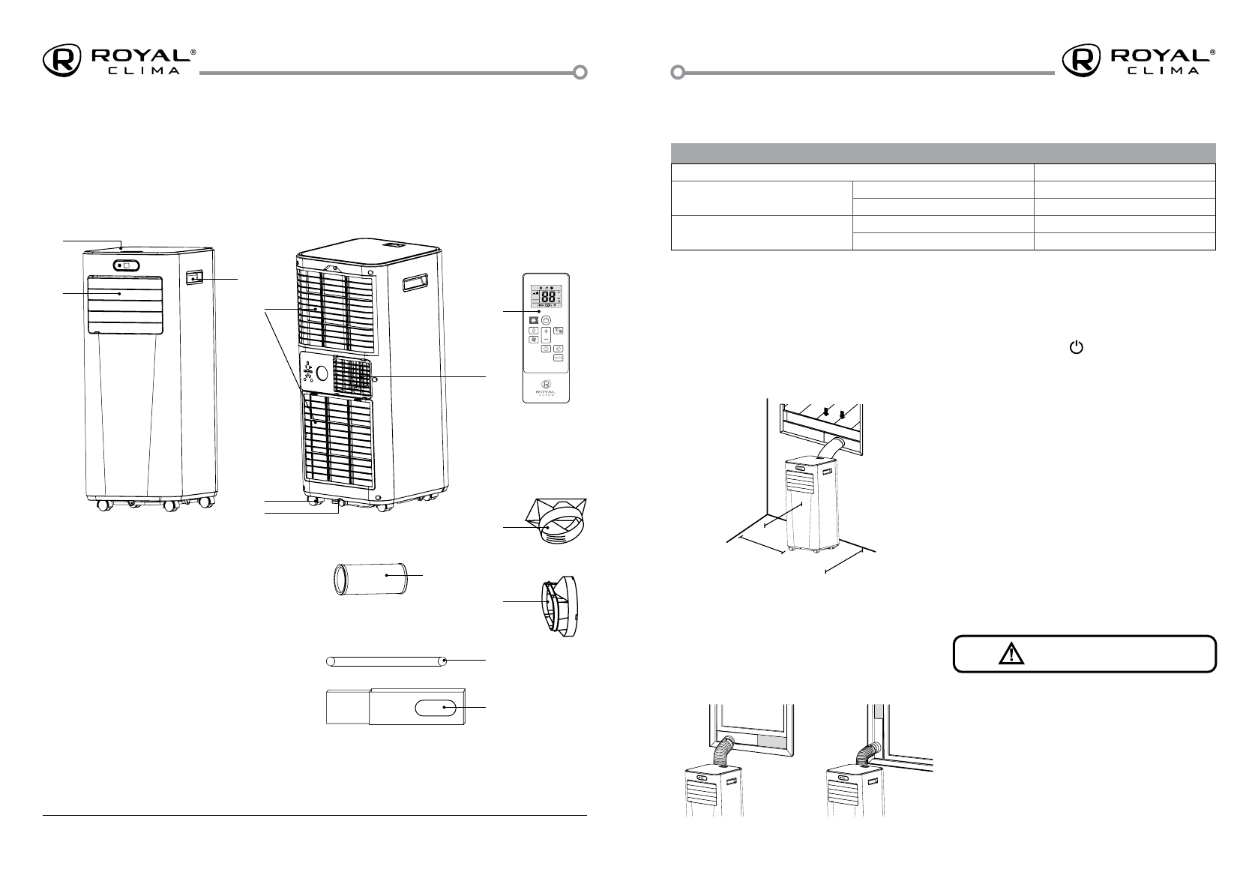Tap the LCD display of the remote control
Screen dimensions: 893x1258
click(x=546, y=297)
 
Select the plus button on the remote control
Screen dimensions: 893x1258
click(x=546, y=331)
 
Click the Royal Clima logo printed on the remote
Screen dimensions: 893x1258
click(x=546, y=388)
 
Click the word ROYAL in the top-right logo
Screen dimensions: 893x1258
click(x=1160, y=56)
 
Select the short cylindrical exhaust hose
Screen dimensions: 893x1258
click(x=370, y=580)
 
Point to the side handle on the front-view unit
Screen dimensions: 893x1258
click(x=196, y=277)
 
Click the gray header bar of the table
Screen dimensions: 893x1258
click(x=942, y=153)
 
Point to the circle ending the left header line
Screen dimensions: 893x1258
click(x=580, y=73)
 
